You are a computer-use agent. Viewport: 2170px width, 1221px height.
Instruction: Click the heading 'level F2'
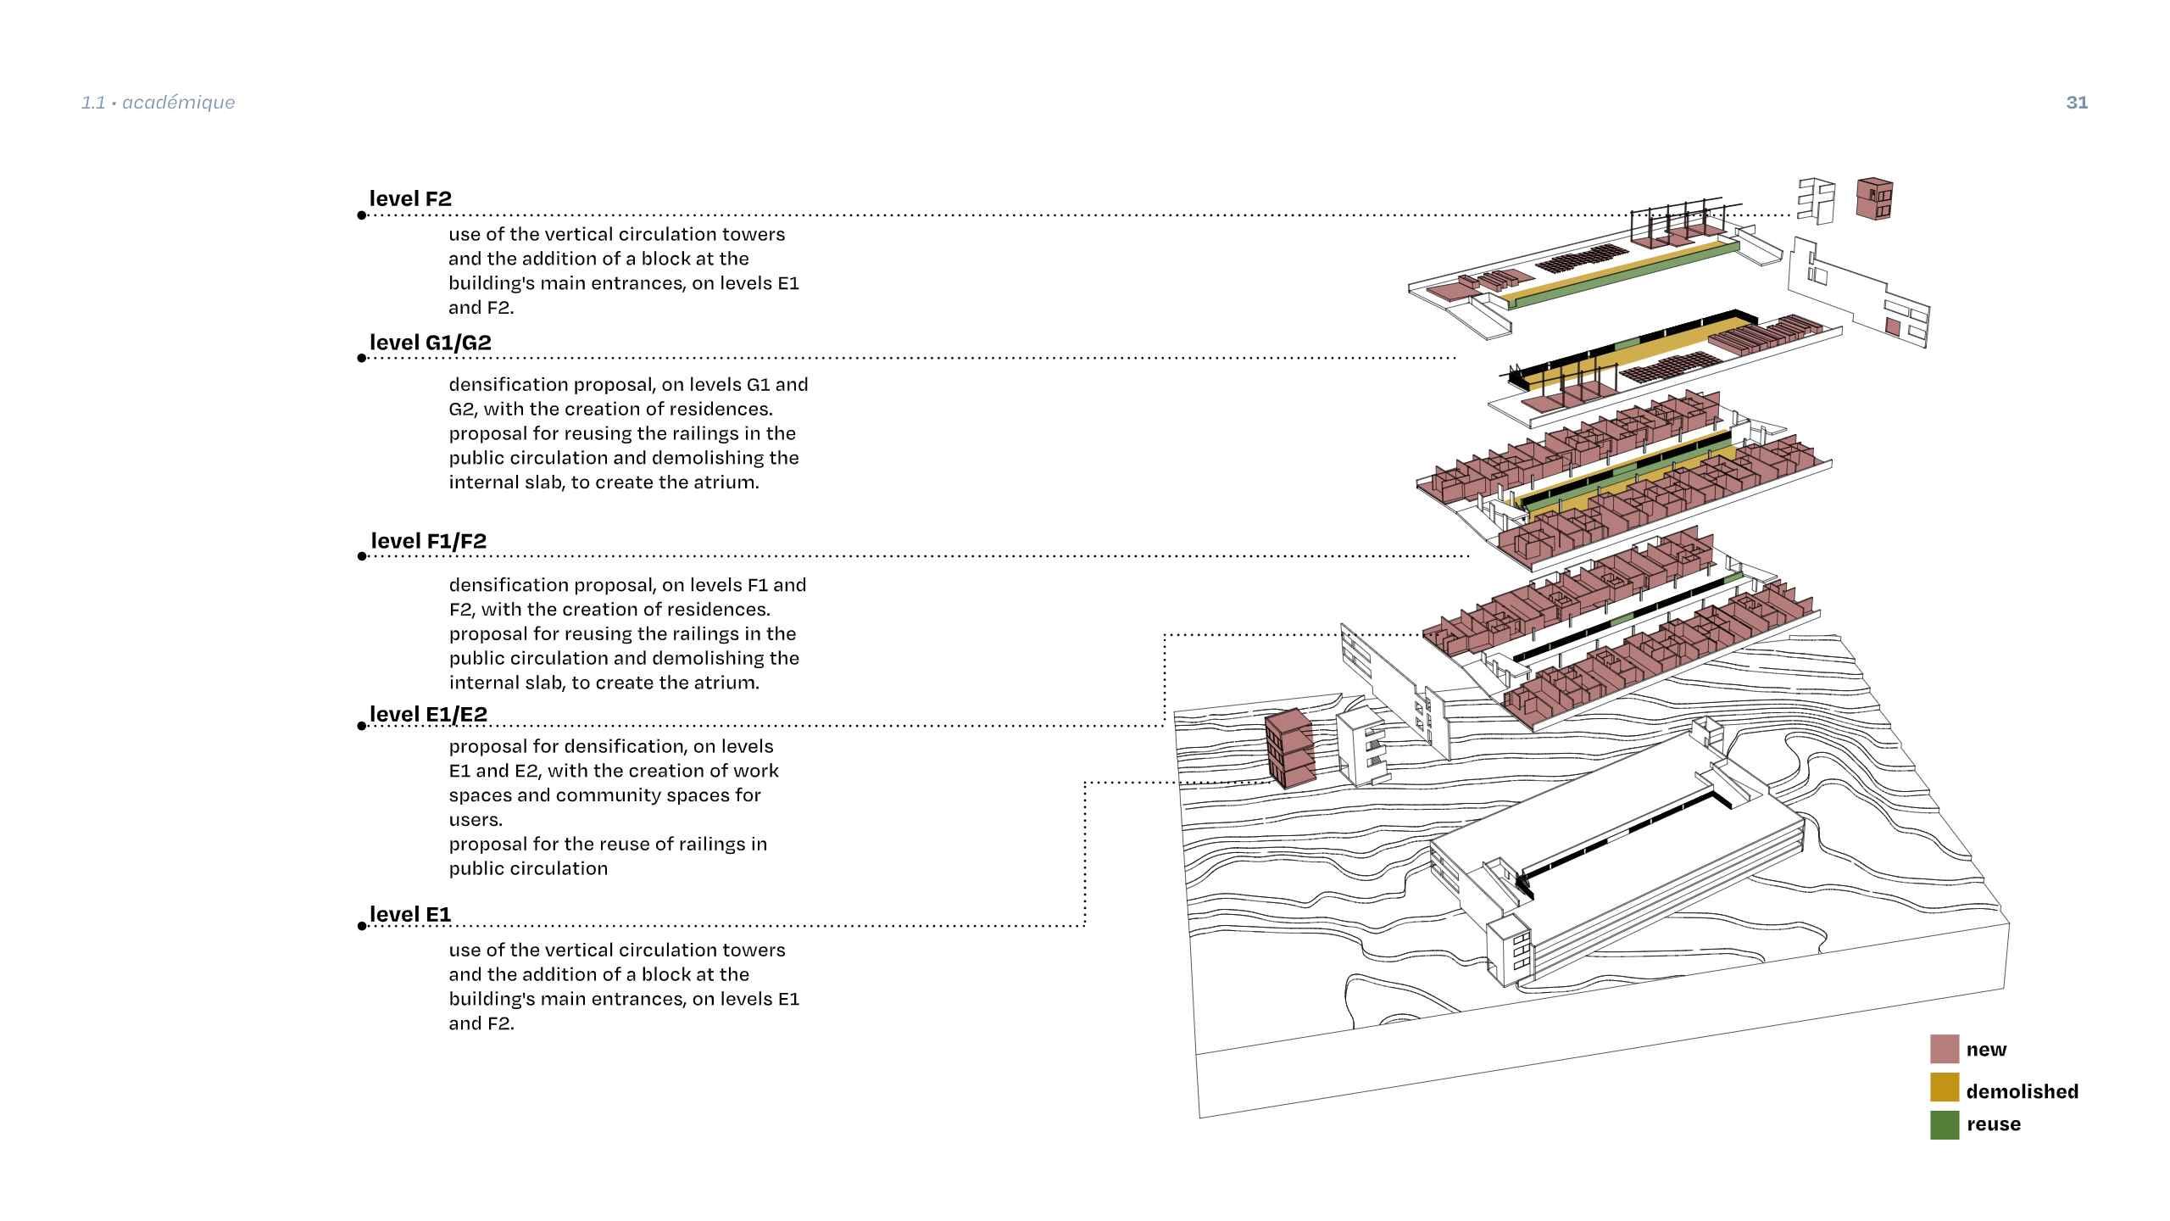click(x=410, y=198)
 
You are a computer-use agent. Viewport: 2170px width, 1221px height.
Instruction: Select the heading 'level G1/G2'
click(x=430, y=343)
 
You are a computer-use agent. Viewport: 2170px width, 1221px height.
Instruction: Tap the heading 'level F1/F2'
click(x=428, y=541)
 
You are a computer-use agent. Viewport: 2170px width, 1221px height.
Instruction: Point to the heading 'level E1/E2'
click(x=428, y=715)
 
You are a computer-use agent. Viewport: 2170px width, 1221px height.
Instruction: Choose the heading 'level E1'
click(x=410, y=914)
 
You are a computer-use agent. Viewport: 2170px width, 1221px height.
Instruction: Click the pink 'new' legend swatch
click(x=1945, y=1049)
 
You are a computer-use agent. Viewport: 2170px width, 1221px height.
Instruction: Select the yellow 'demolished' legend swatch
click(x=1945, y=1087)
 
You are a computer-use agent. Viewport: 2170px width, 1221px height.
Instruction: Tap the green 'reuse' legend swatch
click(x=1945, y=1125)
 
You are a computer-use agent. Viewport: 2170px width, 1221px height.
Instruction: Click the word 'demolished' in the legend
click(x=2022, y=1091)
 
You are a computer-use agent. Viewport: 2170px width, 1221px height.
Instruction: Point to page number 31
click(x=2077, y=103)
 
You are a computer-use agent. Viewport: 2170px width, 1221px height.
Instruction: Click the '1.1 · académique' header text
click(x=159, y=103)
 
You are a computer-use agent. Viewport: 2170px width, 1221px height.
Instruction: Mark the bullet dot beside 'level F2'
click(x=362, y=215)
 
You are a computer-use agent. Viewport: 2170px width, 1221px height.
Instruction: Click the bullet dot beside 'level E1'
click(x=362, y=926)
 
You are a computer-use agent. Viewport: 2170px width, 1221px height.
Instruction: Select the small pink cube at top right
click(x=1875, y=198)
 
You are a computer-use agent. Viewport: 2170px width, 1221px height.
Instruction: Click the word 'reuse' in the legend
click(x=1994, y=1124)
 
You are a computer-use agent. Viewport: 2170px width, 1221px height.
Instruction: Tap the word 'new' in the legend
click(x=1986, y=1050)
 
